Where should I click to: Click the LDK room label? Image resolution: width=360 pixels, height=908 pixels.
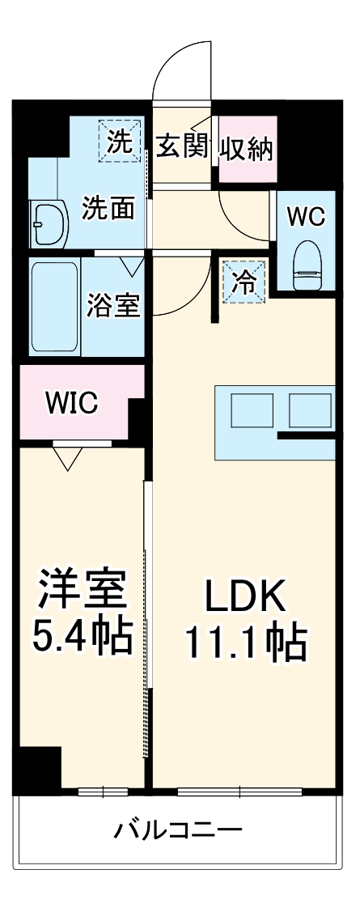pyautogui.click(x=245, y=597)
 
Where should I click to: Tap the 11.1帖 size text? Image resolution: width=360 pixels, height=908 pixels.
pyautogui.click(x=245, y=643)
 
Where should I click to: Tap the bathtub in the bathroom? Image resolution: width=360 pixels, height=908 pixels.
pyautogui.click(x=55, y=307)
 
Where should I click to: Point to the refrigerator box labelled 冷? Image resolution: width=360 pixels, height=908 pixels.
pyautogui.click(x=243, y=282)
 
